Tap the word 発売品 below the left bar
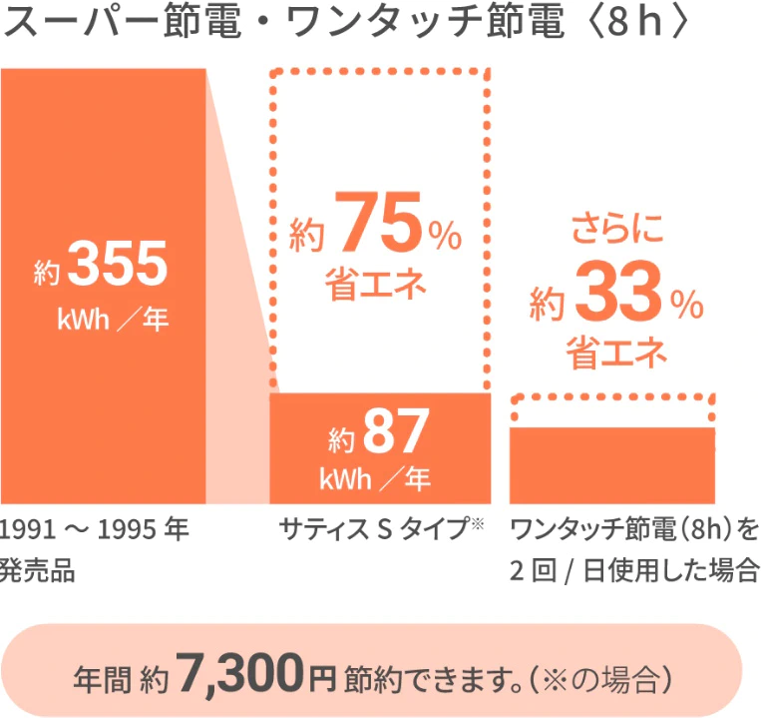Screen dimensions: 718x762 (x=39, y=572)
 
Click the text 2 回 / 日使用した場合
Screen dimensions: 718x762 (x=634, y=572)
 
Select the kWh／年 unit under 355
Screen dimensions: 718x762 (x=114, y=321)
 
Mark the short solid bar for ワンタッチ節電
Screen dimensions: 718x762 (x=612, y=464)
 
